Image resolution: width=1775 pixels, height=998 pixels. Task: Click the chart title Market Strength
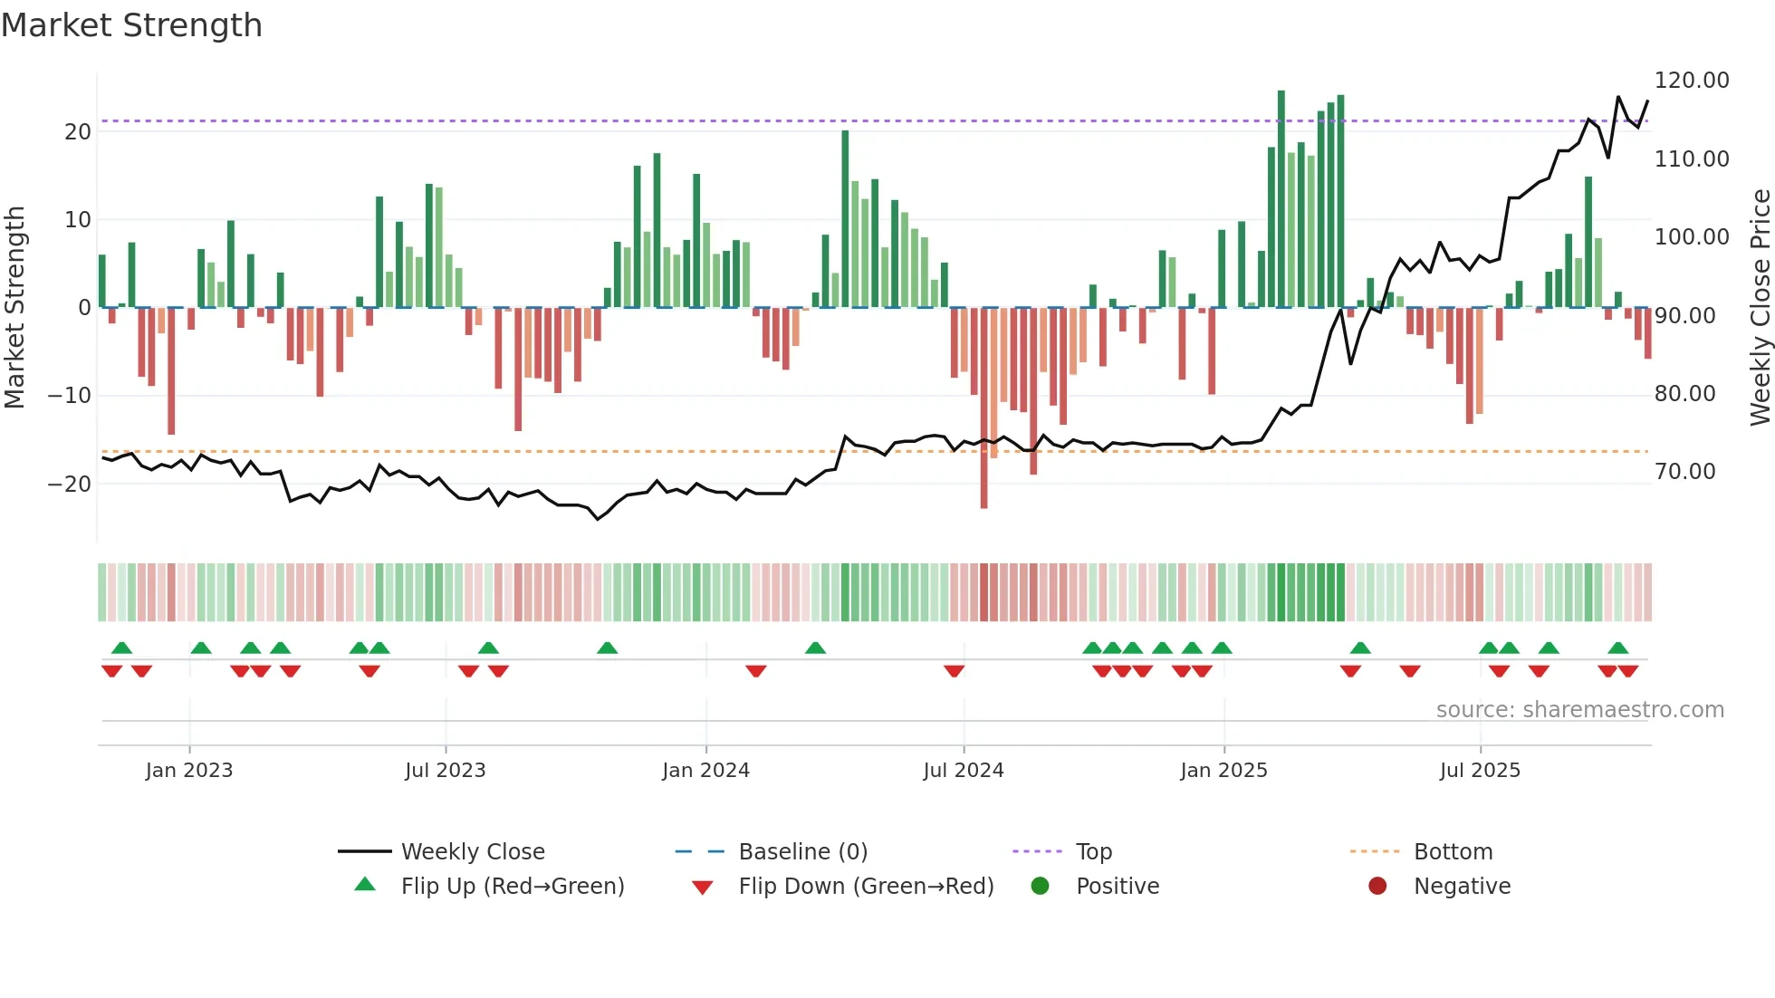click(x=131, y=25)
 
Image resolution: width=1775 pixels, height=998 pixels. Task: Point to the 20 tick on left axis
click(x=78, y=132)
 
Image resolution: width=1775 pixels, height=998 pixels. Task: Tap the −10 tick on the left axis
click(x=70, y=396)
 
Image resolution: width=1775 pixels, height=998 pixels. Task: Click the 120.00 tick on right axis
click(x=1691, y=81)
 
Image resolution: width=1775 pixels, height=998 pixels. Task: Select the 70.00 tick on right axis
click(x=1684, y=472)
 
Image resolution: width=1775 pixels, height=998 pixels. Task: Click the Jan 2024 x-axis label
click(x=705, y=771)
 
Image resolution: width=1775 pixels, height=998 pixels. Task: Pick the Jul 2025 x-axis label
click(x=1480, y=771)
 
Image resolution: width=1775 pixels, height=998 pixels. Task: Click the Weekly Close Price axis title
click(x=1760, y=308)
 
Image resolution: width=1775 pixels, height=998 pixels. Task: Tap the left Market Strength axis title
click(x=14, y=308)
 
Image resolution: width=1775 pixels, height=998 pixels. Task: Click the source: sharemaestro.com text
click(x=1579, y=710)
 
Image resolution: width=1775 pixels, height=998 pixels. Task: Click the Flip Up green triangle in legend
click(x=365, y=885)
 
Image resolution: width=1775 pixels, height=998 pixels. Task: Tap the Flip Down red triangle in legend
click(x=702, y=888)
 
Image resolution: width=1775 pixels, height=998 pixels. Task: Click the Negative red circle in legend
click(x=1377, y=886)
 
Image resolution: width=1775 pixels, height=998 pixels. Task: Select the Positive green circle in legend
click(x=1040, y=886)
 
